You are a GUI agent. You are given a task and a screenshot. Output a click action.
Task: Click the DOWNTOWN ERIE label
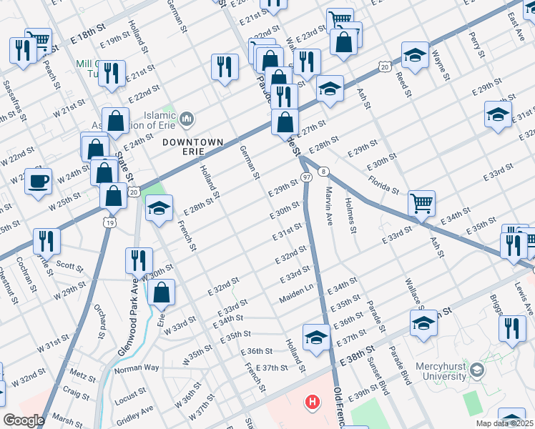(189, 142)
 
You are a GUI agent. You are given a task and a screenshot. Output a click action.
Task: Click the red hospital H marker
(312, 403)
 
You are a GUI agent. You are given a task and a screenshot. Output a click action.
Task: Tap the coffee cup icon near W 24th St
(38, 181)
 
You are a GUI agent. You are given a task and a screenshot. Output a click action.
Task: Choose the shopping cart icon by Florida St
(421, 203)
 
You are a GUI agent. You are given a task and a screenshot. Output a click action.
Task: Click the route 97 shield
(305, 177)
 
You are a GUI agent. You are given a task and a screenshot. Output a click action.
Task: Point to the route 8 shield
(324, 171)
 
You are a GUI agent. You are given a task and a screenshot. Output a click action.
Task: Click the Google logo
(24, 420)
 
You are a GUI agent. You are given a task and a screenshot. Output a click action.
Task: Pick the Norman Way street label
(137, 368)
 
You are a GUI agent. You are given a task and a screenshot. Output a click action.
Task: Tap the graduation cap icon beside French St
(159, 209)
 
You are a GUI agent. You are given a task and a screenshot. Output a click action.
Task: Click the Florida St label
(384, 183)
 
